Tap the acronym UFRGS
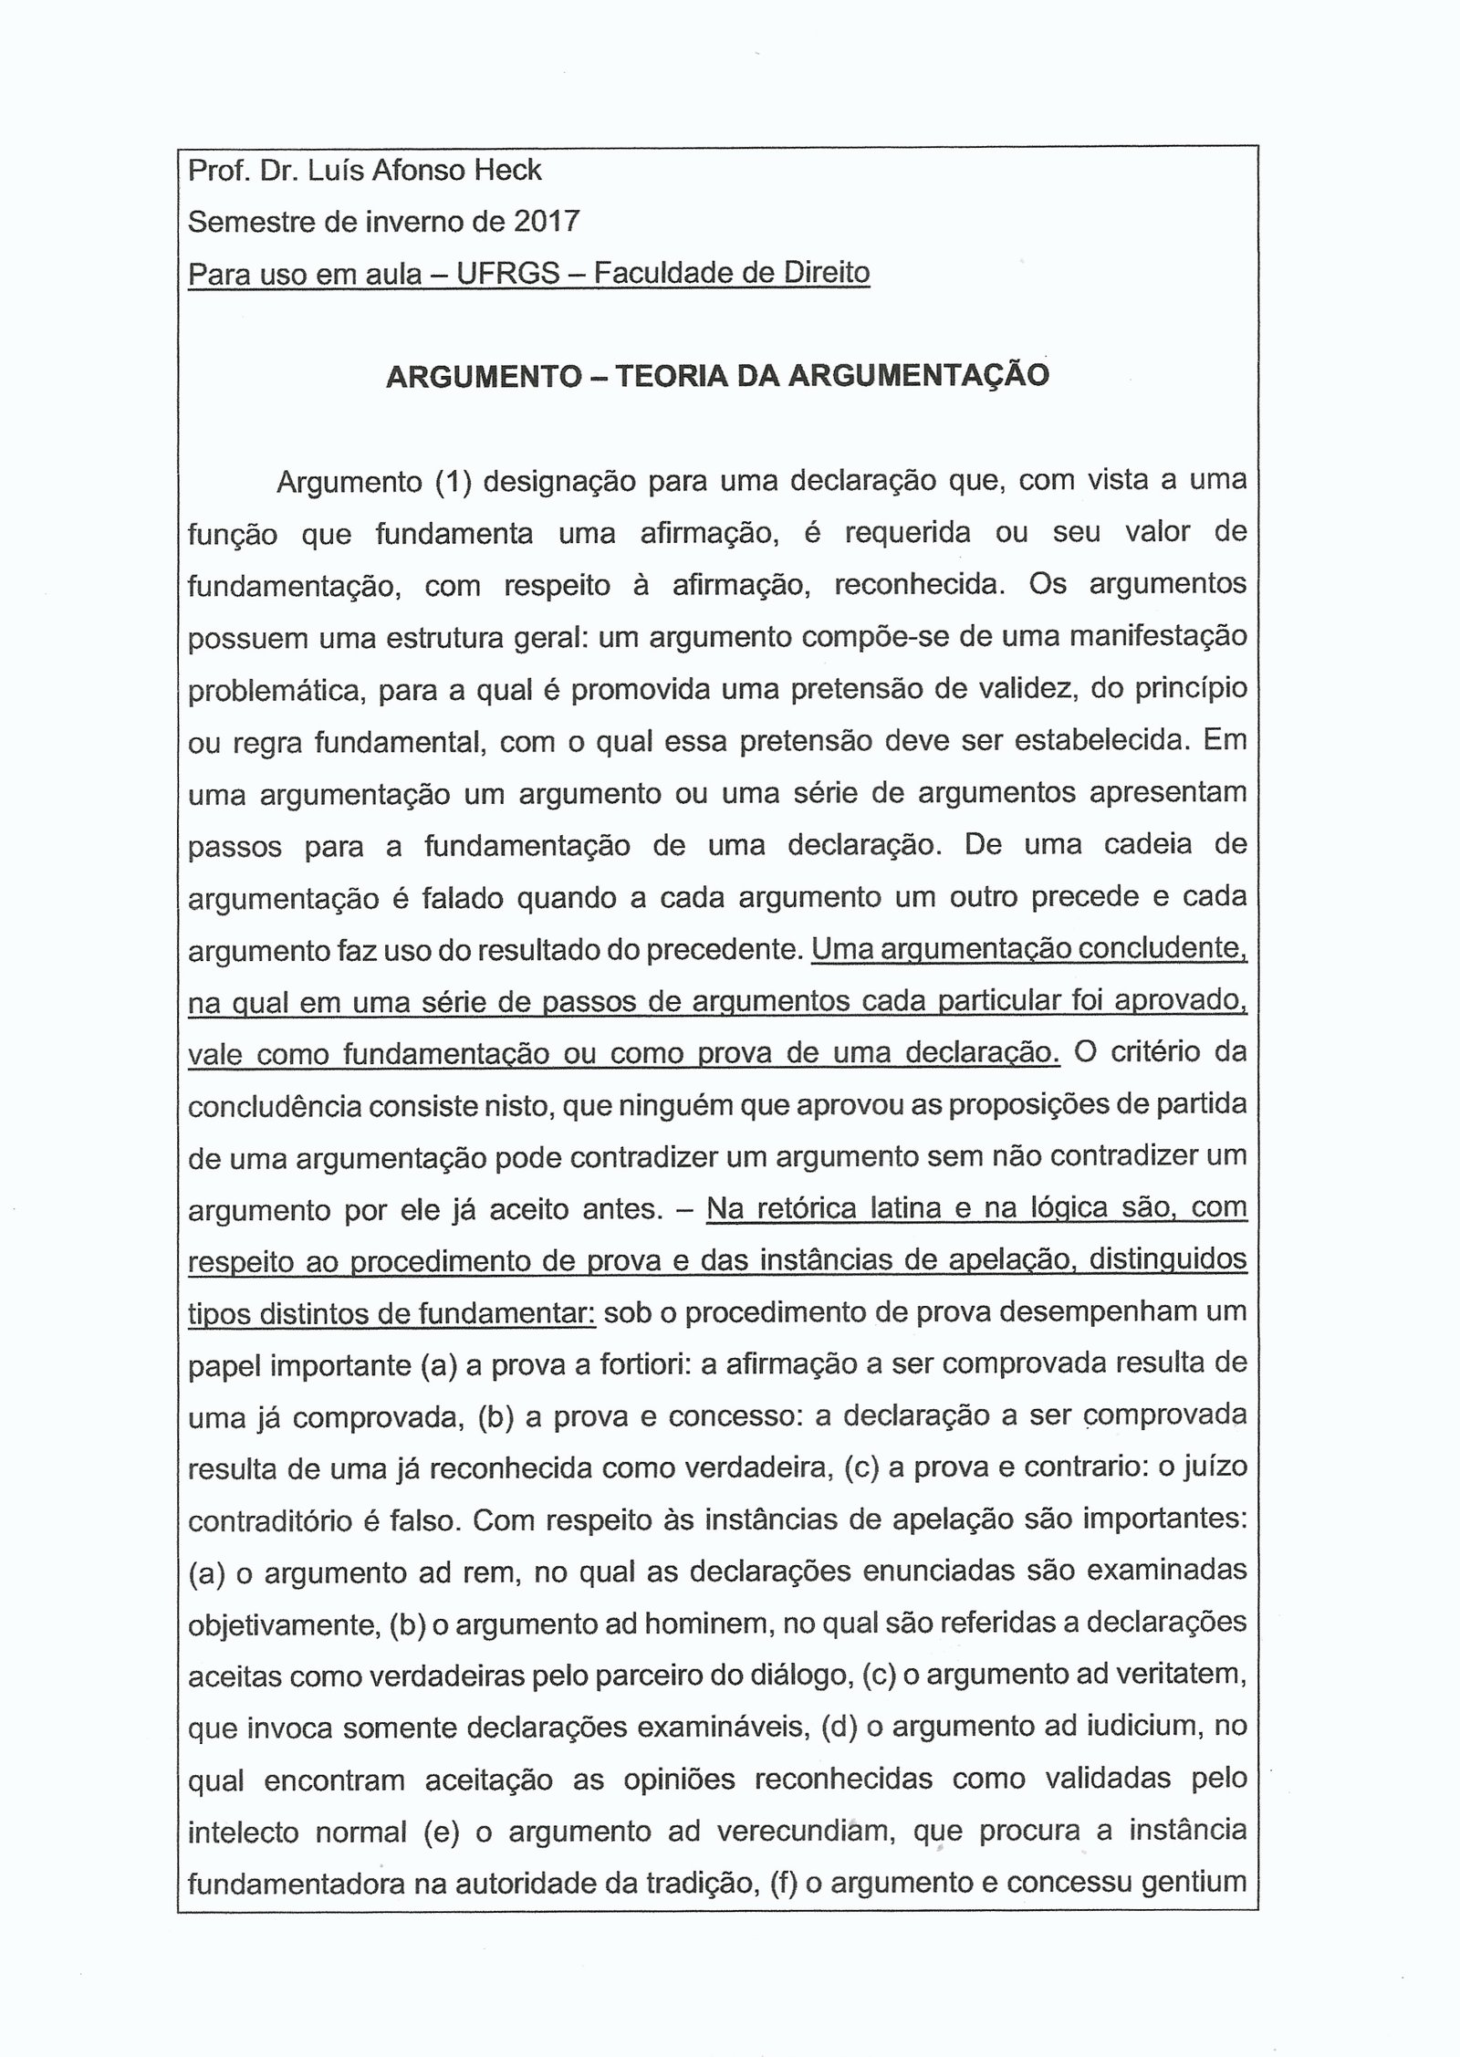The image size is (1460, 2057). click(x=508, y=273)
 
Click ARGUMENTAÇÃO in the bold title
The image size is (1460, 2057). click(x=919, y=376)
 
